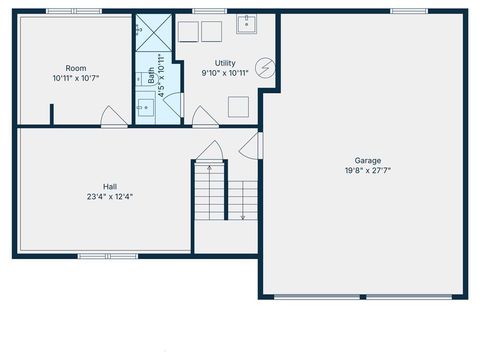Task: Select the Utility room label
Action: (x=225, y=63)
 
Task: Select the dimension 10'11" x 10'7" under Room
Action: (x=76, y=77)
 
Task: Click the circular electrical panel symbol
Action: (x=265, y=67)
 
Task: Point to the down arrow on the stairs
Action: (x=242, y=200)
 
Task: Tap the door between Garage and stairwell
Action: (x=250, y=145)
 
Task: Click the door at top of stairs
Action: (x=208, y=152)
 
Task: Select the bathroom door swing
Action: (x=171, y=103)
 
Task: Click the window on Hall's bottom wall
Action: (x=108, y=256)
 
